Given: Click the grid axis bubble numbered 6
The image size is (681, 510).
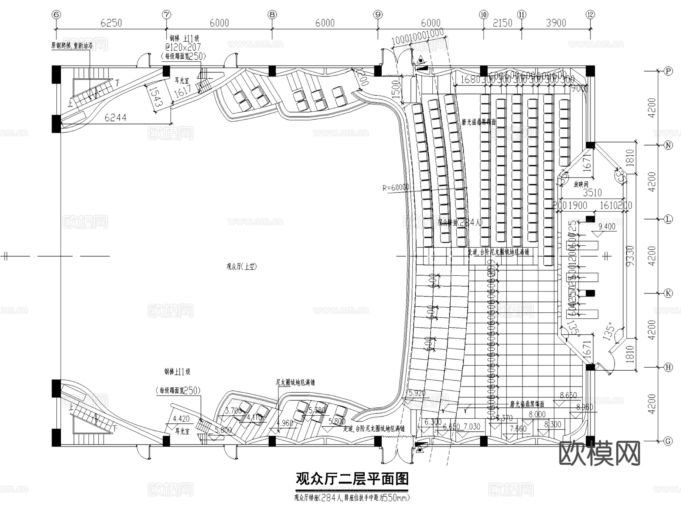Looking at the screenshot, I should pyautogui.click(x=56, y=14).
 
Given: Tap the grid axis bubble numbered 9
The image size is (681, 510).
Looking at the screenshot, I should pyautogui.click(x=378, y=14).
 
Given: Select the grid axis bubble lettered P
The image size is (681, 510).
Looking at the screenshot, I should pyautogui.click(x=669, y=71).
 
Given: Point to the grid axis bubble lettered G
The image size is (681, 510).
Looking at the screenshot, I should pyautogui.click(x=669, y=441).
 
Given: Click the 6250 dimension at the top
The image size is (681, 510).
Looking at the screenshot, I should pyautogui.click(x=111, y=23).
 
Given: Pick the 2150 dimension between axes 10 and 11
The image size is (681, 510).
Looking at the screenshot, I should pyautogui.click(x=502, y=23).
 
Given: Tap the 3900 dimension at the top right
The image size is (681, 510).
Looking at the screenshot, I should pyautogui.click(x=556, y=23).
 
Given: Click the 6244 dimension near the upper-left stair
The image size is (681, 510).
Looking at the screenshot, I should pyautogui.click(x=116, y=118).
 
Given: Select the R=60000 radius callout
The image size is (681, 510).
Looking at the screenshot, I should pyautogui.click(x=396, y=187).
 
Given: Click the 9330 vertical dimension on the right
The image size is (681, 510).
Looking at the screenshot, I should pyautogui.click(x=630, y=256).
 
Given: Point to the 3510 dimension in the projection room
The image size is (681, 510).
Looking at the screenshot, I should pyautogui.click(x=592, y=193).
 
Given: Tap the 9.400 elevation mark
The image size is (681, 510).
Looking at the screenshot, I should pyautogui.click(x=607, y=226).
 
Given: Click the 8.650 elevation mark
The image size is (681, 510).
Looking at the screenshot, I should pyautogui.click(x=568, y=395).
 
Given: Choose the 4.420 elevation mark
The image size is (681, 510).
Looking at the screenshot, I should pyautogui.click(x=181, y=419).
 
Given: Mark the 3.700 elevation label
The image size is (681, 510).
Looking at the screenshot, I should pyautogui.click(x=233, y=410).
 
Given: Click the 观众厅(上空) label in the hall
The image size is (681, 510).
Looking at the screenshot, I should pyautogui.click(x=241, y=267).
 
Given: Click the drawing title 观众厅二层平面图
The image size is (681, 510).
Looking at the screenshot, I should pyautogui.click(x=352, y=479).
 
